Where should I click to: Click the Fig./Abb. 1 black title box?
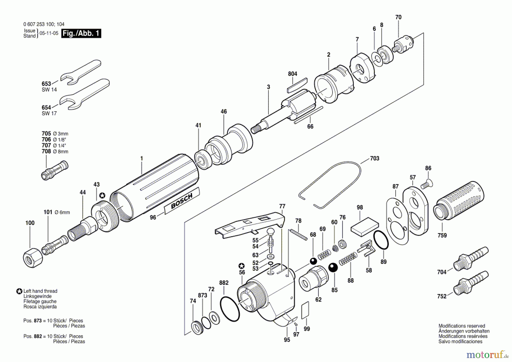click(81, 33)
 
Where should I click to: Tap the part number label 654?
click(46, 107)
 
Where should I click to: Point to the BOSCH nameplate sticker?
click(182, 201)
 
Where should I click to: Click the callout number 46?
click(224, 112)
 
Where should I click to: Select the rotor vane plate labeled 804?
click(297, 85)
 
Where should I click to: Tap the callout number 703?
click(374, 159)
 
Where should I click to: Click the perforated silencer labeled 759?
click(459, 202)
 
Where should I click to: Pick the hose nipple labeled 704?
click(471, 259)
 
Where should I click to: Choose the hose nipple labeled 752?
click(471, 283)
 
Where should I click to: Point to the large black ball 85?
click(333, 268)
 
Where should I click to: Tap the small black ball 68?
click(313, 261)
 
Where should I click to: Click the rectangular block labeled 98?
click(364, 227)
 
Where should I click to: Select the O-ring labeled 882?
click(230, 309)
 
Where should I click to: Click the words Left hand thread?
click(40, 291)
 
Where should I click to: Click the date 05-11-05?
click(49, 33)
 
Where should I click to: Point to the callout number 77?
click(282, 206)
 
